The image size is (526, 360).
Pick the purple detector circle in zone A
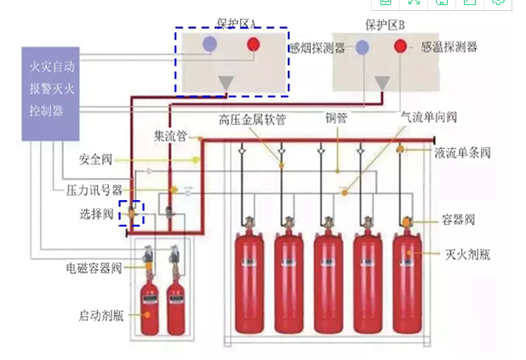click(x=209, y=43)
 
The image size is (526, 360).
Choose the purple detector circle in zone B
click(x=363, y=48)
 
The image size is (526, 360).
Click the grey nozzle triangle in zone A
click(x=226, y=83)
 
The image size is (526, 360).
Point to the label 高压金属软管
click(x=252, y=118)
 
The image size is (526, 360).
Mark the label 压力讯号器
click(x=94, y=189)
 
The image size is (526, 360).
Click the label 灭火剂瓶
click(x=466, y=254)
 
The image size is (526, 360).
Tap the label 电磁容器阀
click(x=94, y=267)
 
